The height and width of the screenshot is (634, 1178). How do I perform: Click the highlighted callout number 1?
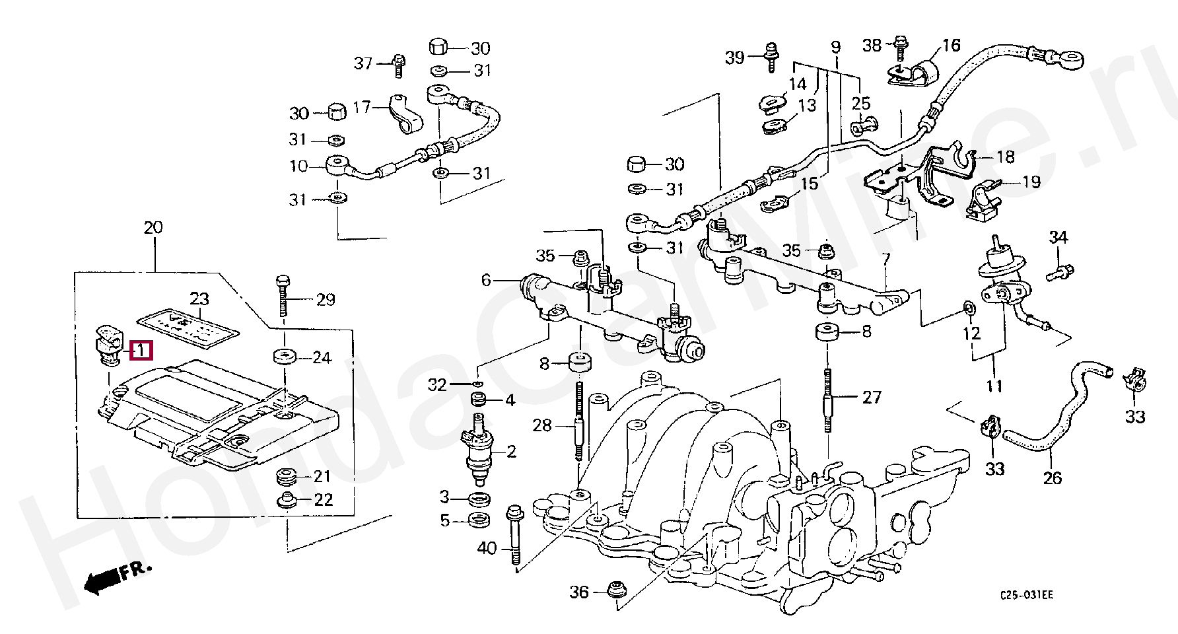click(141, 351)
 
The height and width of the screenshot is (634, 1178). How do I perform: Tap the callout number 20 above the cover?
click(153, 229)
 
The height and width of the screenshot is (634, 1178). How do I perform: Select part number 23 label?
click(199, 299)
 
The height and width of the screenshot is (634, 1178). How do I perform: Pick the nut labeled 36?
click(617, 590)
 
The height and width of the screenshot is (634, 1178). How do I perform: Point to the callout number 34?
click(1058, 238)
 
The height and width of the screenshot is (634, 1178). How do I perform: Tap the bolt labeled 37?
click(399, 63)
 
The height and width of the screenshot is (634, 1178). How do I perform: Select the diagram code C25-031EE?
click(1025, 596)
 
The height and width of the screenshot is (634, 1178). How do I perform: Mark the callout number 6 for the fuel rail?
click(486, 281)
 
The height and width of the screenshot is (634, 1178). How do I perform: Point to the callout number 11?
click(994, 386)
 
